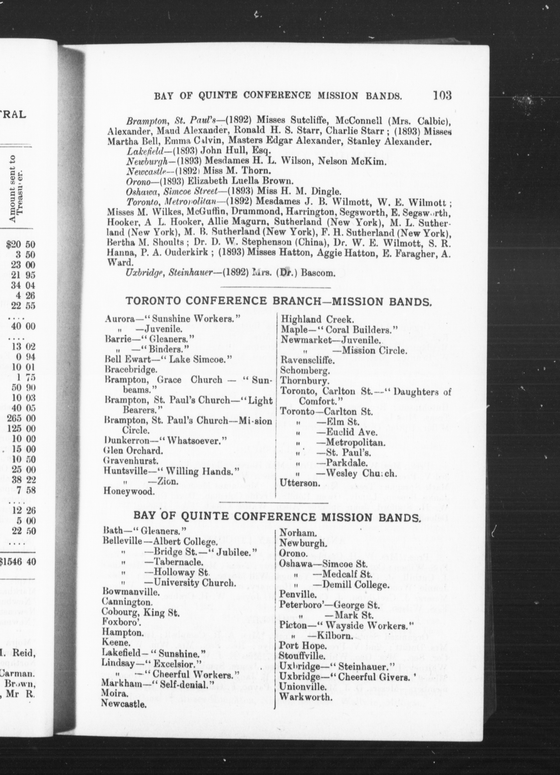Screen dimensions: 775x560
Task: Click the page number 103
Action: (x=442, y=95)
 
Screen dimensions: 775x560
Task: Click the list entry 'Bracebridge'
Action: (x=131, y=369)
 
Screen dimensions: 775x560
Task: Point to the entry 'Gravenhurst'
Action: (x=131, y=461)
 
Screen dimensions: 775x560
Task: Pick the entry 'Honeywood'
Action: (x=129, y=491)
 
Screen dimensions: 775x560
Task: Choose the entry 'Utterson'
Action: (x=300, y=483)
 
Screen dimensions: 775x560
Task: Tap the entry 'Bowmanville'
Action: (x=131, y=592)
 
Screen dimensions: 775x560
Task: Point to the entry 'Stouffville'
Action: (x=302, y=656)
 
